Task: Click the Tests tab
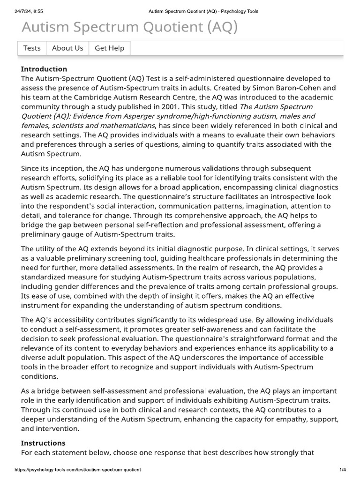click(32, 48)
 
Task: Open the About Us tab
click(67, 48)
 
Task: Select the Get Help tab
click(110, 48)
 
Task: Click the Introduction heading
click(44, 69)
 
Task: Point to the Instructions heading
click(43, 443)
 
